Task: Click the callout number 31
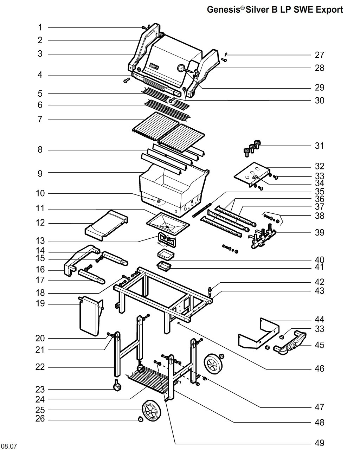(x=319, y=146)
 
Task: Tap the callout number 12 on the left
(x=40, y=223)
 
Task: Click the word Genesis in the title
(x=223, y=9)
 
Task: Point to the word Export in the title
(x=329, y=9)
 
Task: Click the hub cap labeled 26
(x=141, y=419)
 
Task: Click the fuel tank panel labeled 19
(x=91, y=316)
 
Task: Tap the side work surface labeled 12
(x=107, y=225)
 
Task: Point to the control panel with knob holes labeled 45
(x=290, y=343)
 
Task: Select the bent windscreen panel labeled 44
(x=259, y=334)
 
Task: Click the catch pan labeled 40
(x=166, y=255)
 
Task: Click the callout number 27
(x=320, y=55)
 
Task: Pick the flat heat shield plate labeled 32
(x=251, y=175)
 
